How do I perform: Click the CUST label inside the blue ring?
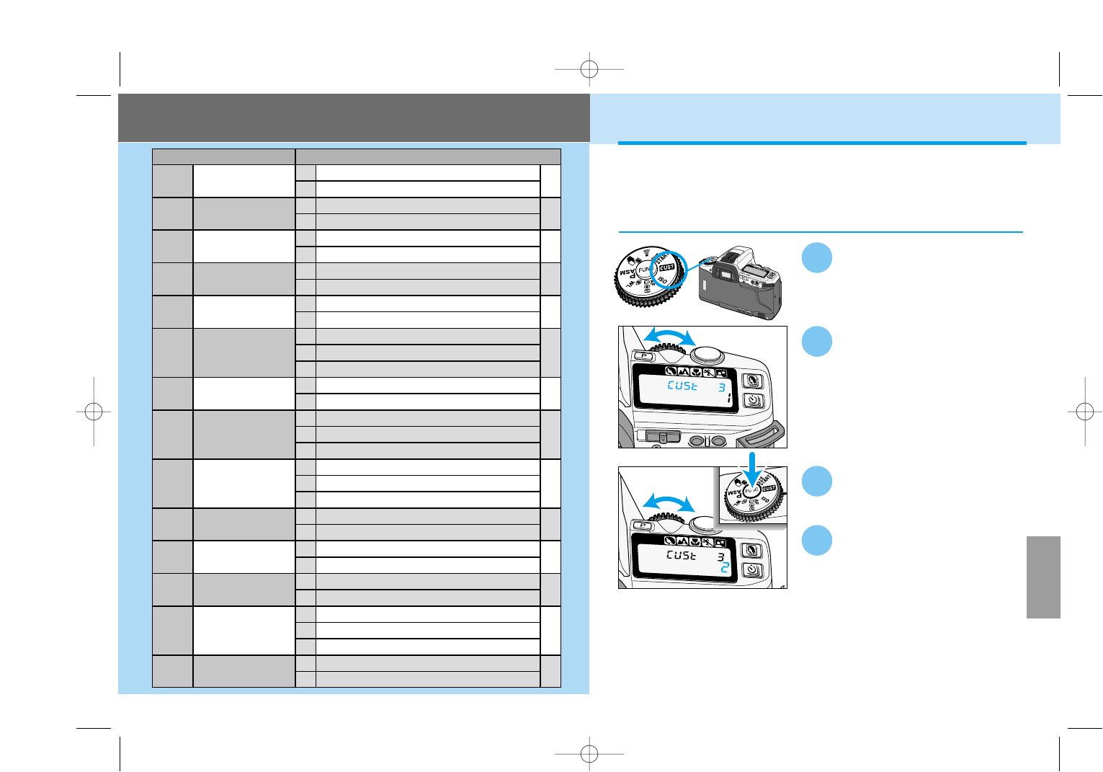coord(667,267)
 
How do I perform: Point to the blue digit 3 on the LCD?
coord(721,387)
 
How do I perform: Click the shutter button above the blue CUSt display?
coord(707,354)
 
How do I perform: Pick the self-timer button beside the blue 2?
coord(752,569)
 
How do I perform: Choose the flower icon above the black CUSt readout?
coord(695,542)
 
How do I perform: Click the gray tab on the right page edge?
coord(1043,577)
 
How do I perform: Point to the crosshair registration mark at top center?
coord(589,69)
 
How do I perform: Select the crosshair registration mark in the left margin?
coord(94,412)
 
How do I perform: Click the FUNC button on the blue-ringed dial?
coord(644,270)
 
